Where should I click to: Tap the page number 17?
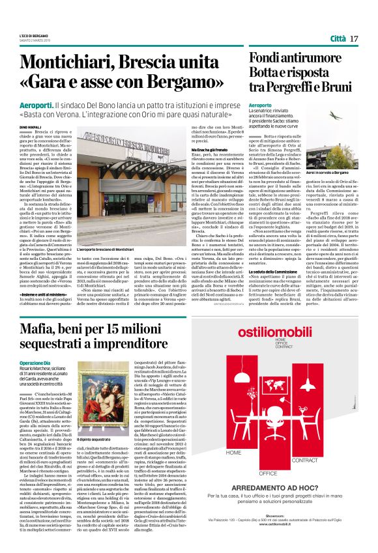pyautogui.click(x=354, y=39)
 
